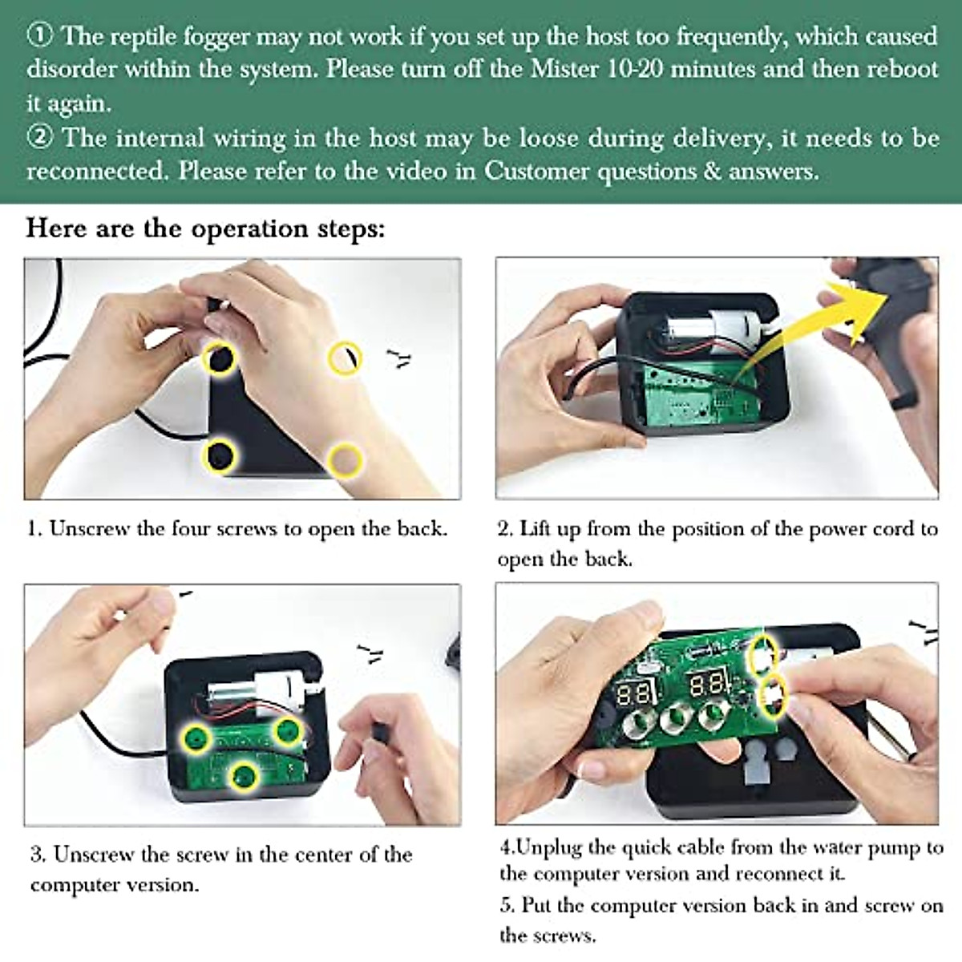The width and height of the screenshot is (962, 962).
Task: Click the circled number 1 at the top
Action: coord(39,37)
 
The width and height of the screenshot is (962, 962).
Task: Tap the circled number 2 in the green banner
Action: coord(39,138)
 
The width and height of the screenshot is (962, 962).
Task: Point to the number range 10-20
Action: coord(634,68)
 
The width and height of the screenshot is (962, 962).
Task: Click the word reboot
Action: coord(902,68)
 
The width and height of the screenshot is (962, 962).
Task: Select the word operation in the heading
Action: coord(249,229)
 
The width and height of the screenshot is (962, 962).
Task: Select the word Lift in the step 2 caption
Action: coord(533,528)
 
